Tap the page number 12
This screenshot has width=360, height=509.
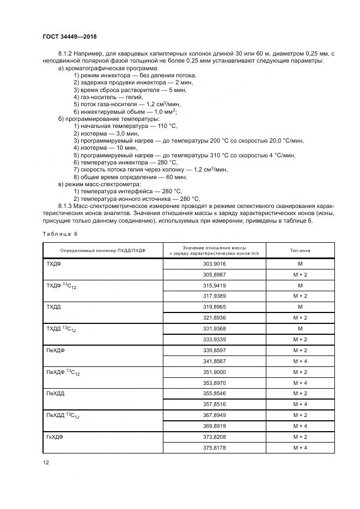click(x=46, y=462)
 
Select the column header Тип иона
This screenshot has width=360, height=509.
click(x=300, y=250)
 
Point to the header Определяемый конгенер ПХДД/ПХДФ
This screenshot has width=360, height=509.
click(x=103, y=250)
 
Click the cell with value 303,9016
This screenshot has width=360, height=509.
click(x=215, y=263)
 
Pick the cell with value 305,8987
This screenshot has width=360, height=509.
click(x=215, y=274)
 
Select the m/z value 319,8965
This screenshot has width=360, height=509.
click(x=215, y=307)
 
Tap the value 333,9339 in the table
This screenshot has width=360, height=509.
click(x=215, y=339)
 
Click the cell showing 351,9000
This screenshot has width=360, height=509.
click(x=215, y=372)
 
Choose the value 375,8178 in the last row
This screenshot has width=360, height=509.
click(x=215, y=447)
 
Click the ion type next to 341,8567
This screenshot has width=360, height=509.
click(x=300, y=361)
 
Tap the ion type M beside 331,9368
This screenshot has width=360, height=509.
click(x=300, y=328)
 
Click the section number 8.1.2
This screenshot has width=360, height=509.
click(x=66, y=53)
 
